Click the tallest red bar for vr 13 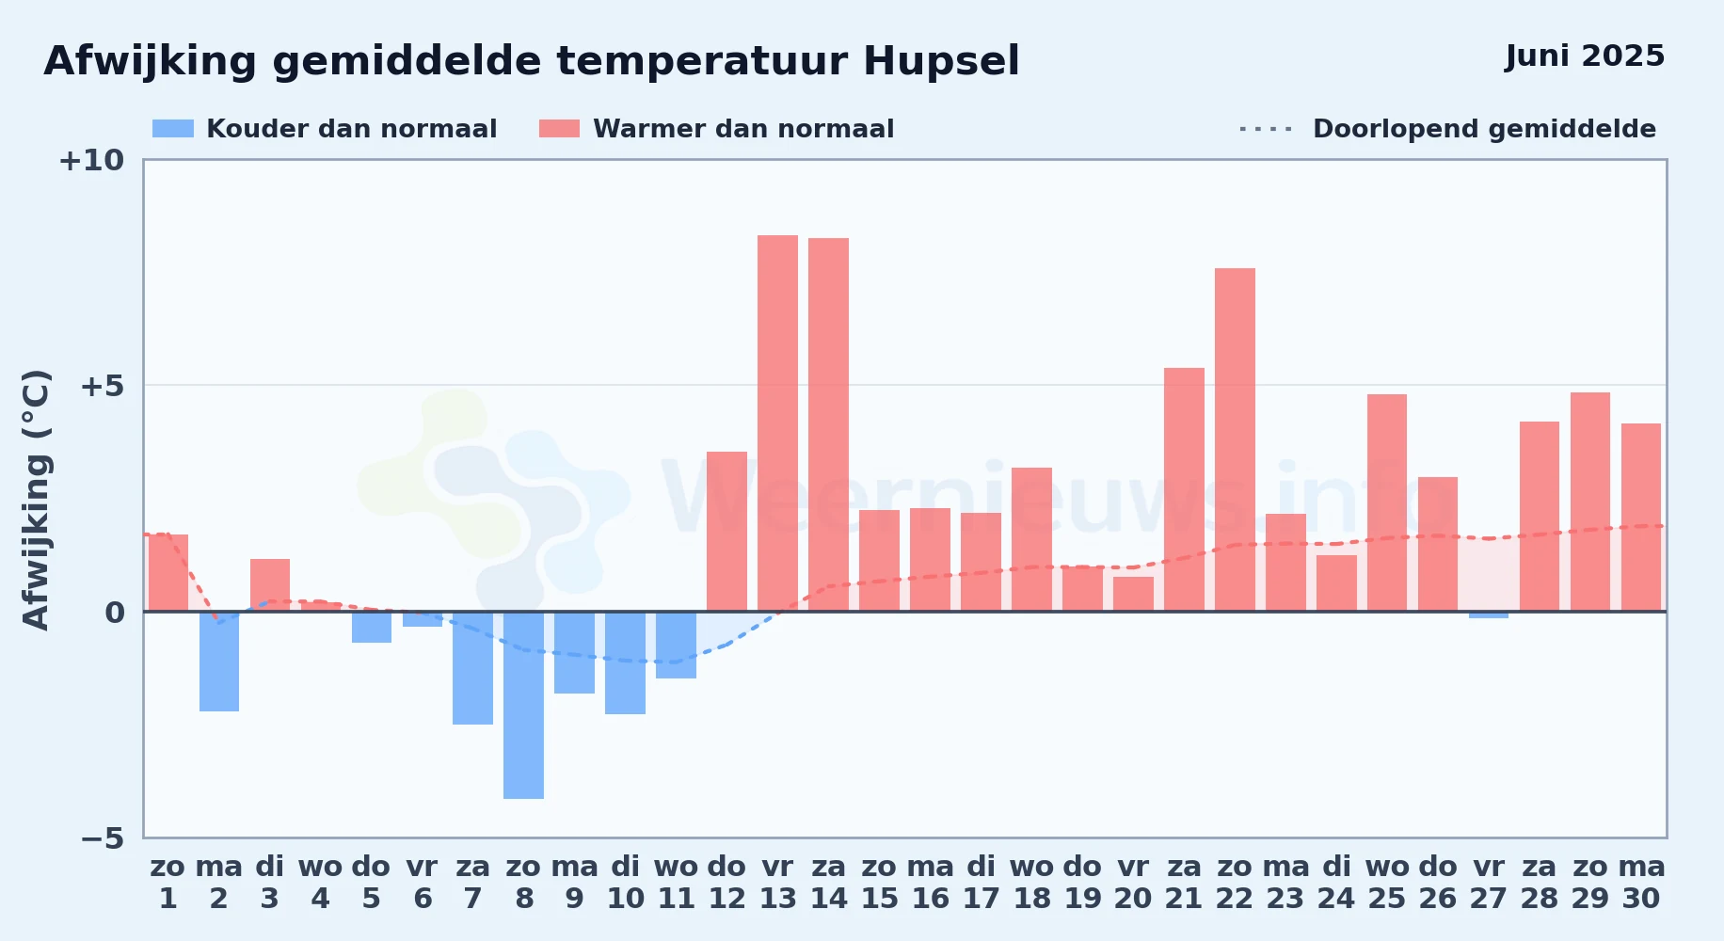[x=777, y=423]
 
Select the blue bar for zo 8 [x=523, y=705]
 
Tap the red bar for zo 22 [x=1235, y=439]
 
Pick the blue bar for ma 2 [x=219, y=662]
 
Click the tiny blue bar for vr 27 [x=1489, y=614]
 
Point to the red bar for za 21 [x=1184, y=489]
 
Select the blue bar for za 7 [x=472, y=668]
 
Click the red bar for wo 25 [x=1387, y=502]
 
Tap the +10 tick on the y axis [x=91, y=161]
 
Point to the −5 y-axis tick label [x=102, y=838]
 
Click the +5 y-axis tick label [x=102, y=386]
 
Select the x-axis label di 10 [x=626, y=883]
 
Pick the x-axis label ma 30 [x=1641, y=883]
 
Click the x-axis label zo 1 [x=168, y=883]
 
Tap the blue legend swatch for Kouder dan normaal [x=173, y=129]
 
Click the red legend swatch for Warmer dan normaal [x=559, y=129]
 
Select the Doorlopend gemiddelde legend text [x=1484, y=129]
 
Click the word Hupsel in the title [x=941, y=62]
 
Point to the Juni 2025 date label [x=1585, y=56]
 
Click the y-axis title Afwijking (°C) [x=36, y=500]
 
